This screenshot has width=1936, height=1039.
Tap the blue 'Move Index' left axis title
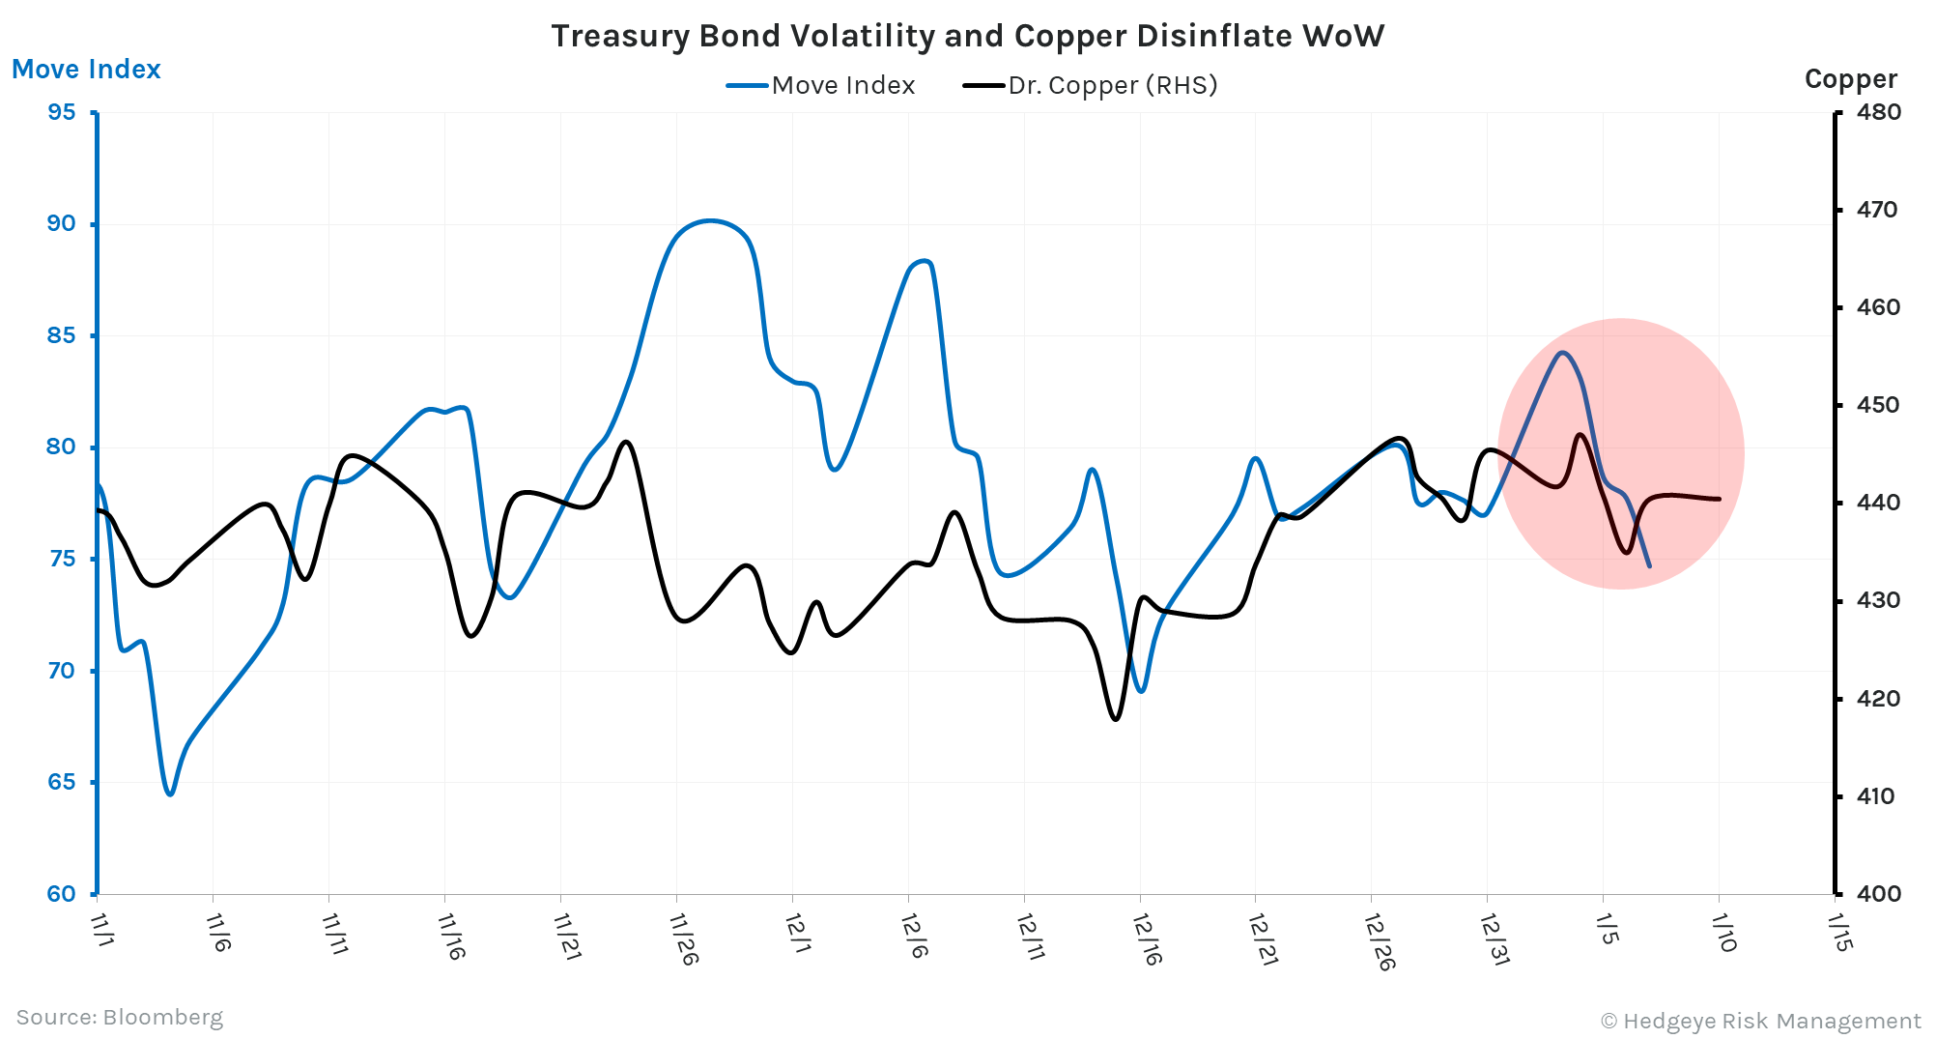click(86, 70)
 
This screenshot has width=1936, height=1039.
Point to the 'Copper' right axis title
click(1850, 78)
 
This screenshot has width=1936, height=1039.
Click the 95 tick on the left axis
click(62, 112)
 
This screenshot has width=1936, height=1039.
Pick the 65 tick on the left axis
click(62, 782)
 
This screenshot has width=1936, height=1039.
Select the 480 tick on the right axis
click(1878, 112)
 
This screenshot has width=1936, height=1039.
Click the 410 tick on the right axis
click(1875, 796)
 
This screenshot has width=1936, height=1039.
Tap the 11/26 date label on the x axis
click(684, 938)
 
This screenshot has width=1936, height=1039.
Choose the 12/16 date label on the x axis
click(1148, 938)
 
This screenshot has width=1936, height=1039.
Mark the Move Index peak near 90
click(710, 220)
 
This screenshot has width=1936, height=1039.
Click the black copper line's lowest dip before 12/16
click(1116, 719)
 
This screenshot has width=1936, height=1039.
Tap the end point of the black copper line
click(1720, 499)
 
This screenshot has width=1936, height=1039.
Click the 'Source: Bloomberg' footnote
click(120, 1017)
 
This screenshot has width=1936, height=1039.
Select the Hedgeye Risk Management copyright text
click(1760, 1021)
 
